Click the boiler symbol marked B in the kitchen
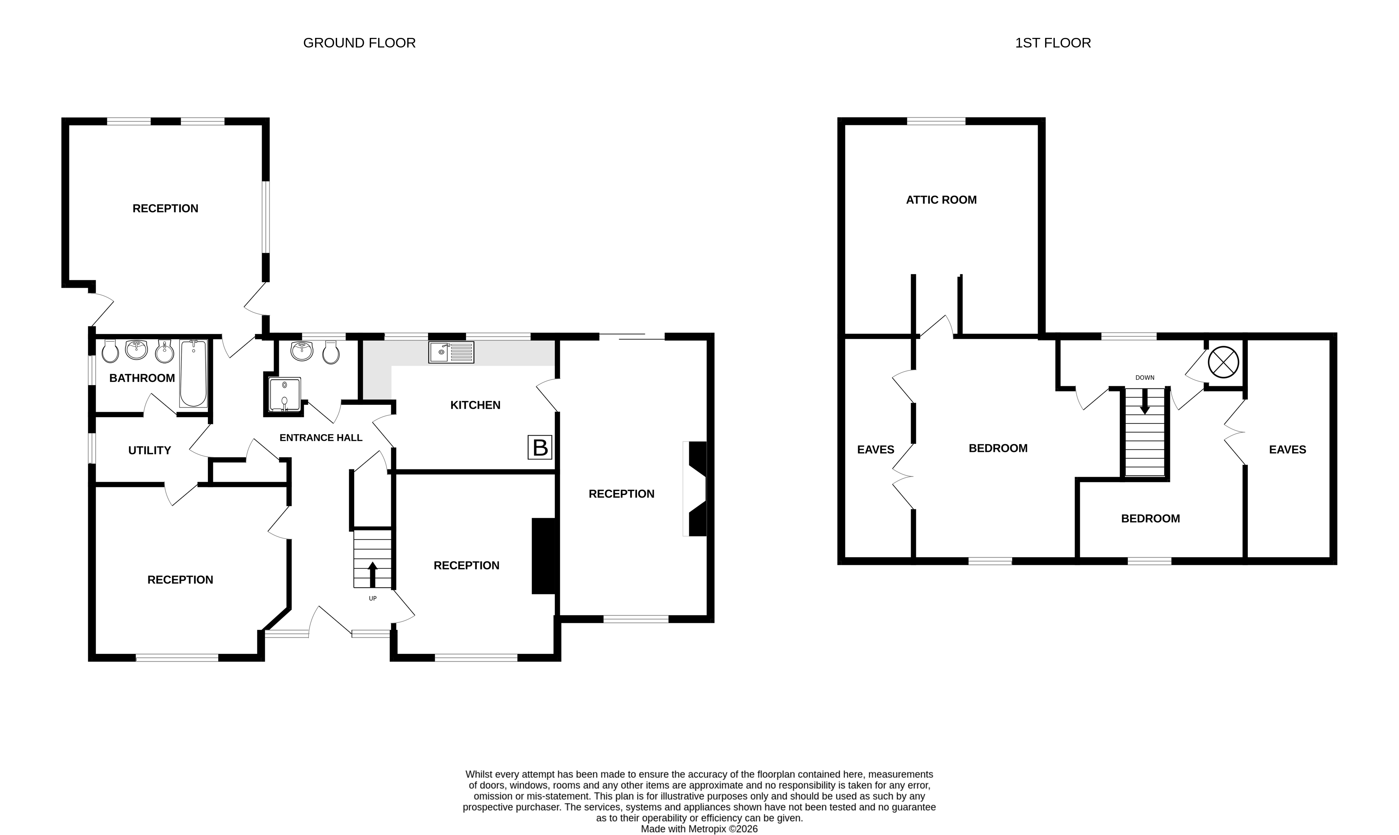tap(539, 447)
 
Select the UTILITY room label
tap(149, 450)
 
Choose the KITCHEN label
tap(475, 405)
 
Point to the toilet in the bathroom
tap(110, 352)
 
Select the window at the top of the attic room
tap(936, 121)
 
